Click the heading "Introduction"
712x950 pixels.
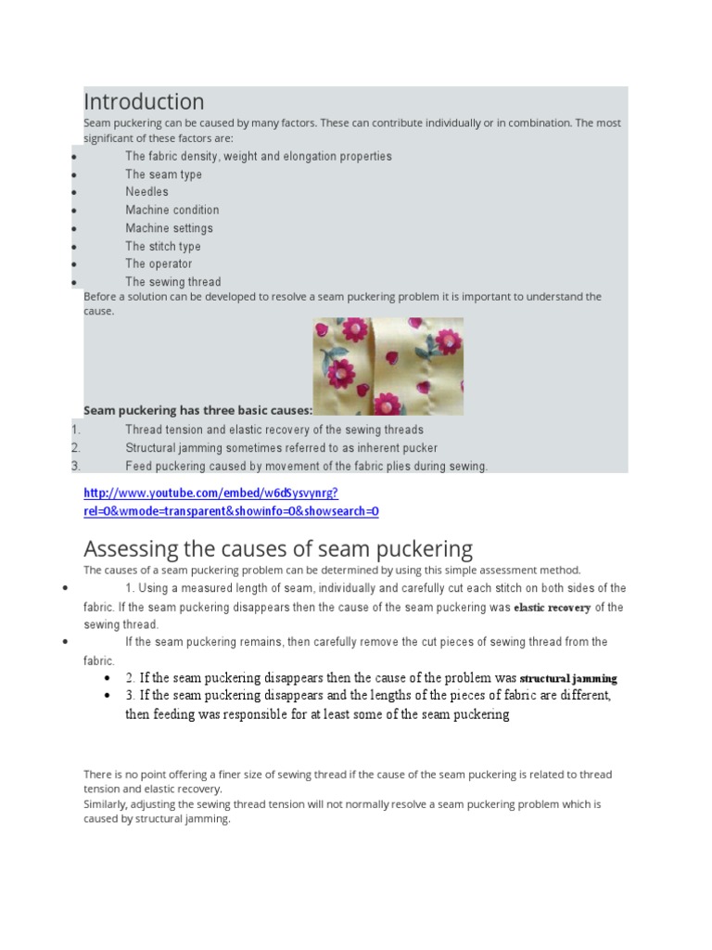pos(144,101)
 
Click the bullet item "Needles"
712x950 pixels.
pos(147,192)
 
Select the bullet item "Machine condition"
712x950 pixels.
pos(172,210)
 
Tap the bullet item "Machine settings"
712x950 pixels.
pos(169,228)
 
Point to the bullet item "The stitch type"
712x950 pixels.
pos(163,246)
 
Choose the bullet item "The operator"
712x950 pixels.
pos(159,263)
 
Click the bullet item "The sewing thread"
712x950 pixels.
pos(173,281)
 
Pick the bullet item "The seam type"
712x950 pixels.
pos(163,174)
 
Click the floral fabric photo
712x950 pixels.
pos(388,366)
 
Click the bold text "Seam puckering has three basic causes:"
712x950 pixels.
pos(197,410)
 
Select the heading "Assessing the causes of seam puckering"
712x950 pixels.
pos(278,548)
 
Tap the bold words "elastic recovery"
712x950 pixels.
pos(552,608)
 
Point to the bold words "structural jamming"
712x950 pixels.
pos(568,678)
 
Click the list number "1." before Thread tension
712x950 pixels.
pos(76,430)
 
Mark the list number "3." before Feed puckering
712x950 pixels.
pos(76,466)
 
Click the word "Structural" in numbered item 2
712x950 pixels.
pos(153,448)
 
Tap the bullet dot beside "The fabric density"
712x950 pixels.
pos(72,157)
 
